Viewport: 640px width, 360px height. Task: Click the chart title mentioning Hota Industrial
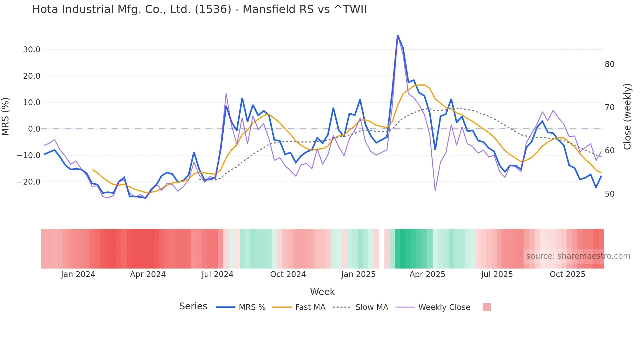[199, 9]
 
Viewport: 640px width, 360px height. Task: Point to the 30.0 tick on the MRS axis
[32, 50]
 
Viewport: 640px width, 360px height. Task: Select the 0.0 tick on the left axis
[34, 129]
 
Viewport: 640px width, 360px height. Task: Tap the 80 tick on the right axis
[609, 64]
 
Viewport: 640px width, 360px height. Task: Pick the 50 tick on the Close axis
[609, 194]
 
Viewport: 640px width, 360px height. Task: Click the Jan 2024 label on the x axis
[78, 274]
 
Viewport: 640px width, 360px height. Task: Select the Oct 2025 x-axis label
[567, 274]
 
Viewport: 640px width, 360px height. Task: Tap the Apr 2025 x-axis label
[427, 274]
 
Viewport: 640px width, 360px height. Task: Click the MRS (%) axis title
[6, 116]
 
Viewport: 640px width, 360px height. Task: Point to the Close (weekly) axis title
[627, 116]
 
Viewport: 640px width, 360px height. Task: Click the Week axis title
[322, 292]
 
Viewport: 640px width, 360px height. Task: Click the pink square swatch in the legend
[487, 307]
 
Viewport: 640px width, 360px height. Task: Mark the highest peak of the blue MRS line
[397, 35]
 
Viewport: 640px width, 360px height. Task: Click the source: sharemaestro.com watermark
[578, 256]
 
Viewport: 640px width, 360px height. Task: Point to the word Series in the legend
[193, 306]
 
